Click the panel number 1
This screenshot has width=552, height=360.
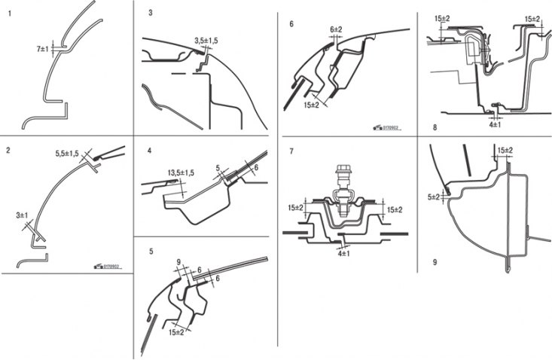10,14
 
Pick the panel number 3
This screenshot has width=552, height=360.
151,13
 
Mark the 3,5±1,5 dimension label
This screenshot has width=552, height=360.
204,39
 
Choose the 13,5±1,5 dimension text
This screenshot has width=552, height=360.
179,172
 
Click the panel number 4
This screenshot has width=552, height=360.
150,151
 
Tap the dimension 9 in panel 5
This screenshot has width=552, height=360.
178,263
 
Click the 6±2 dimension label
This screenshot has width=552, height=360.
336,29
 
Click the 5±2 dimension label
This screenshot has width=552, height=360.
434,197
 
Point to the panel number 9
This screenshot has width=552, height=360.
435,263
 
